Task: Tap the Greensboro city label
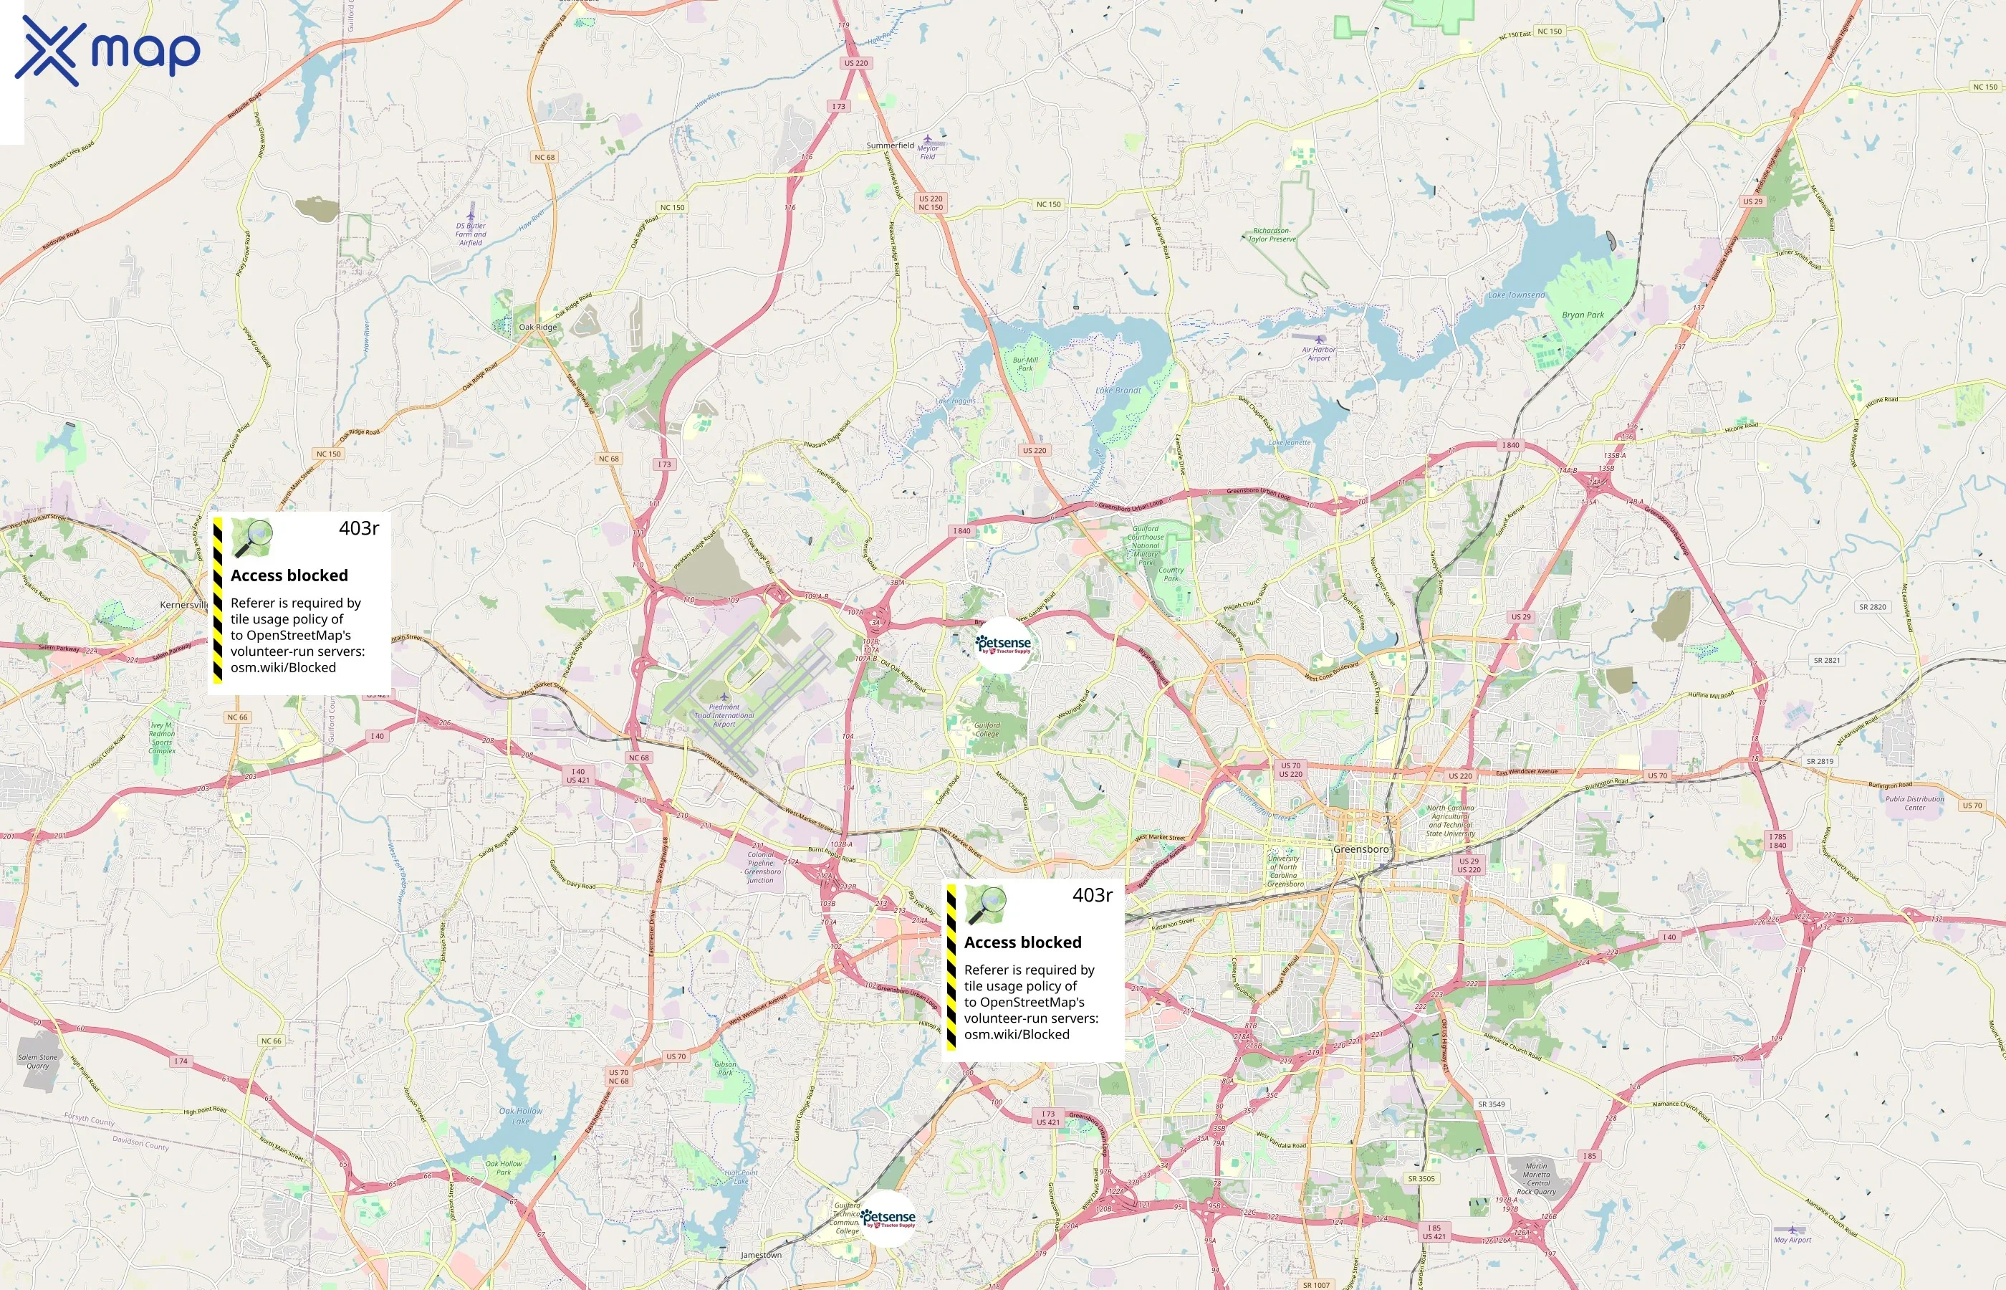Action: [x=1360, y=849]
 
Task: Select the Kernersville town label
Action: [x=183, y=605]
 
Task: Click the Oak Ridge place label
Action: [x=537, y=327]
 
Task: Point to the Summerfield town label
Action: [x=890, y=145]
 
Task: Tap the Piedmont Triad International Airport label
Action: [x=724, y=715]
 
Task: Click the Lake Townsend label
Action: [x=1516, y=295]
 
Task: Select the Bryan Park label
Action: [x=1583, y=315]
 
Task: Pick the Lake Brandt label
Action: [x=1118, y=391]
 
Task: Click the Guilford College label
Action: [x=987, y=730]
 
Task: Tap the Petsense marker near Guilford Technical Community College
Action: [x=888, y=1218]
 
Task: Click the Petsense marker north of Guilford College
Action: [x=1003, y=644]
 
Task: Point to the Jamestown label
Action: [x=761, y=1255]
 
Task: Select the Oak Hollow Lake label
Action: [x=521, y=1116]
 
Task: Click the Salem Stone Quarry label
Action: [x=38, y=1061]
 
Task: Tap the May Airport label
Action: [x=1792, y=1240]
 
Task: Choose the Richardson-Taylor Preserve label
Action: [x=1272, y=234]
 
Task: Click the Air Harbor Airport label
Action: [x=1319, y=353]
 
